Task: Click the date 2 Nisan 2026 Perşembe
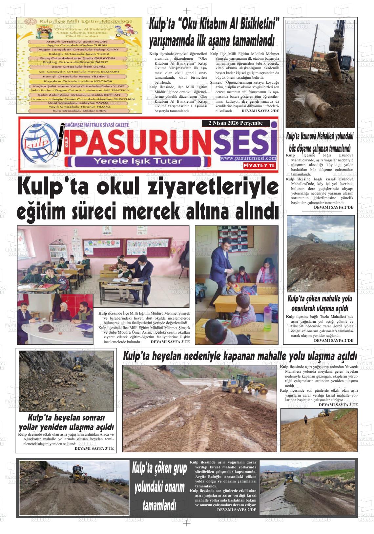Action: (x=236, y=123)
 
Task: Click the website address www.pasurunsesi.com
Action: (x=248, y=158)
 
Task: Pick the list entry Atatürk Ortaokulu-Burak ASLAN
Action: (x=77, y=42)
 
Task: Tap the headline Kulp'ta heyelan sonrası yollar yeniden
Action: (x=66, y=422)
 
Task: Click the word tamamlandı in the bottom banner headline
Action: (x=159, y=506)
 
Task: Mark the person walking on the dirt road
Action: (x=305, y=420)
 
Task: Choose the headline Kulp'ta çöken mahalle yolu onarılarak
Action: (x=320, y=303)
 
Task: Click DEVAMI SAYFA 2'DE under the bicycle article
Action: (x=260, y=111)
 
